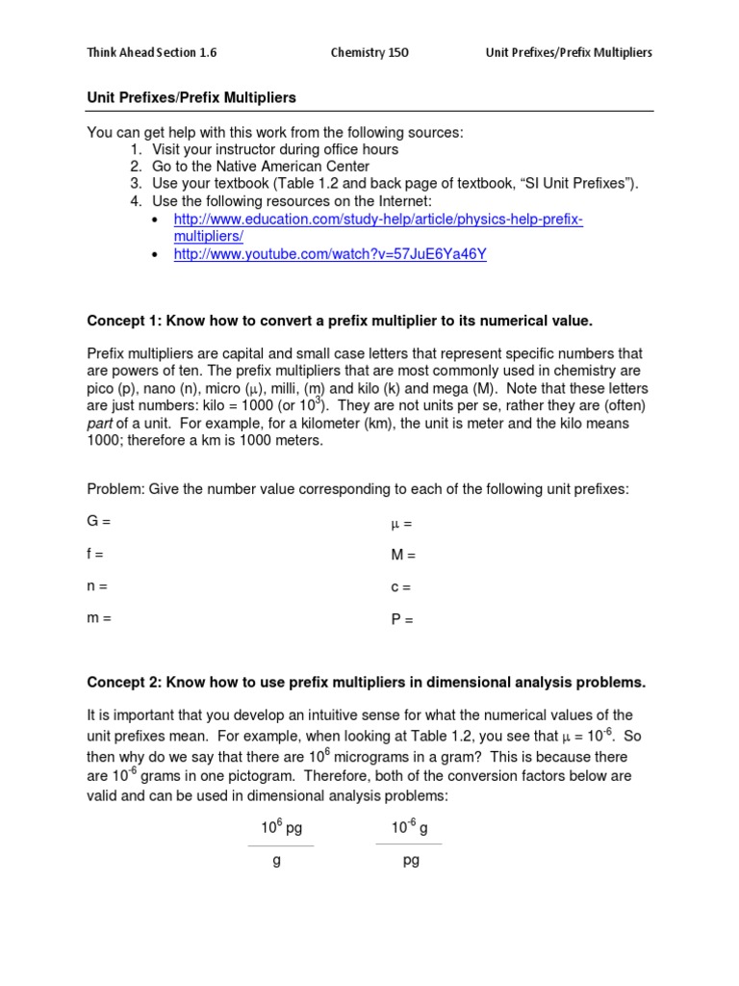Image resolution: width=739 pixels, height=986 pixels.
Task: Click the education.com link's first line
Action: (378, 220)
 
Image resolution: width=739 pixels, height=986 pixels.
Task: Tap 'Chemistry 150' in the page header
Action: (369, 53)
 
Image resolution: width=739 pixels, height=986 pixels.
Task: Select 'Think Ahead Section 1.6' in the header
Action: (151, 53)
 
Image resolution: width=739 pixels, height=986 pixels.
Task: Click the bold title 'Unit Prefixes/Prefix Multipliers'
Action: (191, 98)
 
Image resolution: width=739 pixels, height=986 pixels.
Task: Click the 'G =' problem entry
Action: (99, 522)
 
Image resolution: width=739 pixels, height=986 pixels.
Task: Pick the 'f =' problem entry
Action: (96, 555)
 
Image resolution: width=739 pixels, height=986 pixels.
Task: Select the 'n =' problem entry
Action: (97, 586)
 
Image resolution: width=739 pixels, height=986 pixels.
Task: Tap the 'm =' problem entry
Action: (99, 619)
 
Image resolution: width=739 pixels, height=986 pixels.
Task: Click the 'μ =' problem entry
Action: (401, 524)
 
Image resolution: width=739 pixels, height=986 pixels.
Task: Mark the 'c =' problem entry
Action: (400, 587)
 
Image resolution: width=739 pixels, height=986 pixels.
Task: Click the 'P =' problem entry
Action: (401, 620)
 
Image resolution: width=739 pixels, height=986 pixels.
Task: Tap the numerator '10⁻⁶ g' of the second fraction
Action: (408, 827)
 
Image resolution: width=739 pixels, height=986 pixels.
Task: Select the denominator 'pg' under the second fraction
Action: (411, 861)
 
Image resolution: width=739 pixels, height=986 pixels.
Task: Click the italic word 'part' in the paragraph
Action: (101, 424)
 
